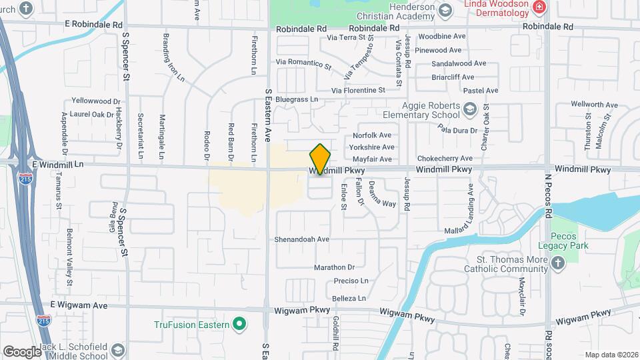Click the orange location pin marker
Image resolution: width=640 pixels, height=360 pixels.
point(321,159)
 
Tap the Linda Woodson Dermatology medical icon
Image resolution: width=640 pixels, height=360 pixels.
point(539,7)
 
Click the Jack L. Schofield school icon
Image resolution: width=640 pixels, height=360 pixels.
point(117,349)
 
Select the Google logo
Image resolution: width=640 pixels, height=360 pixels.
point(22,351)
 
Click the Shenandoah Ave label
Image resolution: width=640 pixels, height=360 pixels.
point(302,239)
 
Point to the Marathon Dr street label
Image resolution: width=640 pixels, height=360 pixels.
point(335,267)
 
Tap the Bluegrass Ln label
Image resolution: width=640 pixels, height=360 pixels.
point(298,99)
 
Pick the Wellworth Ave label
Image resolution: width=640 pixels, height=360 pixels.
point(595,105)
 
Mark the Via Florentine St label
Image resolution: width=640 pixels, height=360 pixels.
point(358,89)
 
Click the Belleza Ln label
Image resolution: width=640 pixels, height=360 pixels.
point(349,298)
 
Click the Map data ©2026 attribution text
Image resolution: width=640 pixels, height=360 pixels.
point(611,355)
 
